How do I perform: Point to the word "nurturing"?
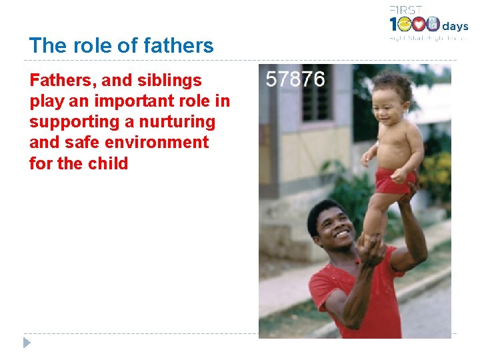[177, 122]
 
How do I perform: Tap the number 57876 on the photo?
[295, 80]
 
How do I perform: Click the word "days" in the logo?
[455, 27]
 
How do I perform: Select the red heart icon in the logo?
[419, 25]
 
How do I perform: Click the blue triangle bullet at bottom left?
[27, 343]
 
